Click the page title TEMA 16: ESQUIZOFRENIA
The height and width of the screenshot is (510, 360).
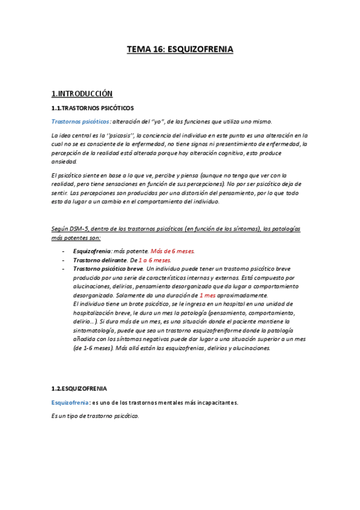click(180, 50)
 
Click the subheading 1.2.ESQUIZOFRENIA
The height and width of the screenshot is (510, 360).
click(79, 389)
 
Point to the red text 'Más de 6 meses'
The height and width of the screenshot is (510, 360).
click(172, 251)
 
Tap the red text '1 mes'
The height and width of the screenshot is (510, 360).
click(207, 296)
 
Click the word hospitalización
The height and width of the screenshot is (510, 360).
click(96, 313)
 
